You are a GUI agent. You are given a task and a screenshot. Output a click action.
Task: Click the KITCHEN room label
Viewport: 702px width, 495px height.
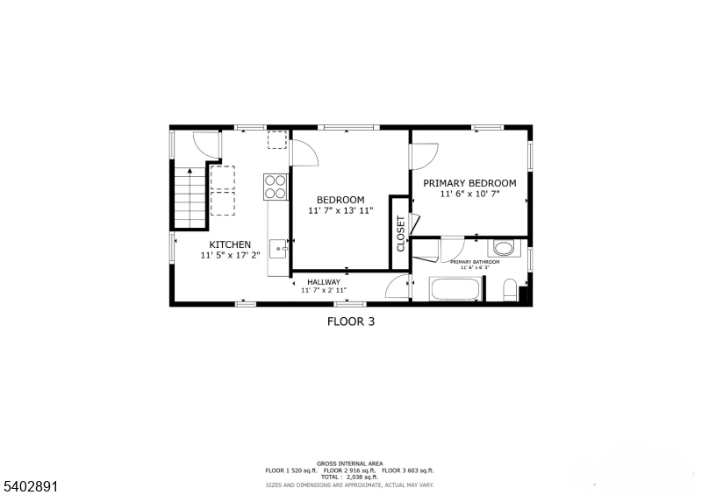230,244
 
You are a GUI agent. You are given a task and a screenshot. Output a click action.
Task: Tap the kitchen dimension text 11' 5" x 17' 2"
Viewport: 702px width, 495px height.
230,256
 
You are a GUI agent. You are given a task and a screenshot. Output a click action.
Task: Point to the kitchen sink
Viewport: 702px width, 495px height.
280,249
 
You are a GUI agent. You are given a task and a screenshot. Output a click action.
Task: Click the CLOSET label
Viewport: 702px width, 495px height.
400,234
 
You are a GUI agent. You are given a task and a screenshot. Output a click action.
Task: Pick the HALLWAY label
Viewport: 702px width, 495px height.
324,281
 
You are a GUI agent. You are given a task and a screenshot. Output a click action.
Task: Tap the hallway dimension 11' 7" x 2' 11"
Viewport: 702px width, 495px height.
324,290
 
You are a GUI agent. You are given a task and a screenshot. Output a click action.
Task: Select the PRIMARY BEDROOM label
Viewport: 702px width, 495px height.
469,183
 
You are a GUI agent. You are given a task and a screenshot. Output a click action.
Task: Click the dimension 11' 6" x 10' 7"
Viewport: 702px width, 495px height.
469,194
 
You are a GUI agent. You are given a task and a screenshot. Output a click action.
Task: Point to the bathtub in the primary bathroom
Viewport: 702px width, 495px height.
455,289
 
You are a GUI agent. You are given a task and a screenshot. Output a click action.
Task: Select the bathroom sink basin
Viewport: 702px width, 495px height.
504,247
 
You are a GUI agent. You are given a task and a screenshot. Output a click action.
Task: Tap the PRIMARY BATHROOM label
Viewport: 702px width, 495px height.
475,262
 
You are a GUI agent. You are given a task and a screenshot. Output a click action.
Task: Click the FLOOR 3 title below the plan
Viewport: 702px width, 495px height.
351,322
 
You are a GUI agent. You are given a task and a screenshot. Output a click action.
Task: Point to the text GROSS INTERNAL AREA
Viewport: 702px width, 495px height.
350,463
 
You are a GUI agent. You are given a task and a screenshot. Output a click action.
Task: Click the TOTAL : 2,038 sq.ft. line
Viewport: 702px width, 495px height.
350,477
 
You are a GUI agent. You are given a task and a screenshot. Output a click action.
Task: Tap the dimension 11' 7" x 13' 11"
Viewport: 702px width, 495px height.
340,211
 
